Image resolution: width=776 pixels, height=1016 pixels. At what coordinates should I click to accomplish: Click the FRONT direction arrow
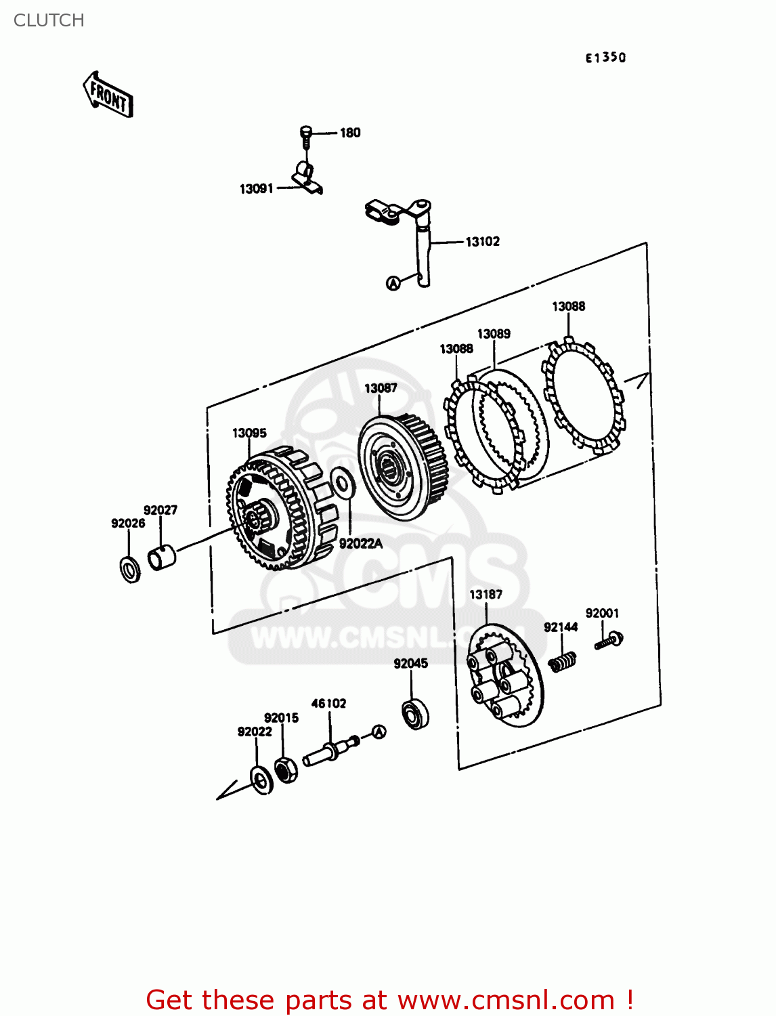[x=108, y=96]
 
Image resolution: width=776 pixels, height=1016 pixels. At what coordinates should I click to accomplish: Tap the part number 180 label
[x=349, y=133]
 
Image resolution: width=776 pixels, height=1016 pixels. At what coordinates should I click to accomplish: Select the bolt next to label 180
[x=305, y=136]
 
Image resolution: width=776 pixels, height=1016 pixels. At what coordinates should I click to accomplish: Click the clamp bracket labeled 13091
[x=307, y=177]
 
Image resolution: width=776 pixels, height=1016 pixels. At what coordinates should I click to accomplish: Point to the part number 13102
[x=482, y=242]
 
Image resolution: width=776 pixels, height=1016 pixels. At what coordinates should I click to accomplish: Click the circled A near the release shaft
[x=393, y=283]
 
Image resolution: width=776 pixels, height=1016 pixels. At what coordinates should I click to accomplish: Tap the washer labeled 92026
[x=130, y=569]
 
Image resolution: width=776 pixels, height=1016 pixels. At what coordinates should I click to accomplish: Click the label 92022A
[x=360, y=543]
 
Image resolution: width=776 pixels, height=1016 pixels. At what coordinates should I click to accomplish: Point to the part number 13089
[x=494, y=334]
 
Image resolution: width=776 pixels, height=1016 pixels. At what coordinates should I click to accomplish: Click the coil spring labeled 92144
[x=562, y=661]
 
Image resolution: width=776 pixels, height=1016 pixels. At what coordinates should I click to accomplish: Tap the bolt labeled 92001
[x=609, y=640]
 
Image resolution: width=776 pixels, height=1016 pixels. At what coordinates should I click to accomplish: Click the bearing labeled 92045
[x=414, y=714]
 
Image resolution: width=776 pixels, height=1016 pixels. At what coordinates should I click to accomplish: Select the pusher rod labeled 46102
[x=329, y=750]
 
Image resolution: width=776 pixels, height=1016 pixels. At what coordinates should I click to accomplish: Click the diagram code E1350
[x=605, y=58]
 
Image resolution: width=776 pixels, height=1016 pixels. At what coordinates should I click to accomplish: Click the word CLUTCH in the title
[x=49, y=20]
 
